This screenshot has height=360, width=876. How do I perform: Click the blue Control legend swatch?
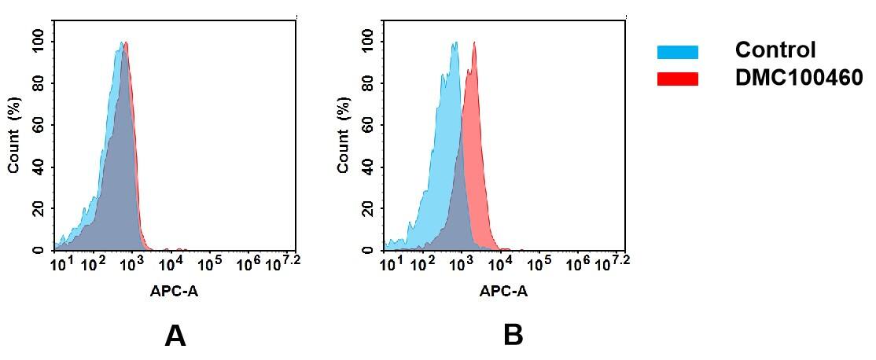(x=677, y=52)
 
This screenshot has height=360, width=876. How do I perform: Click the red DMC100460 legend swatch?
(x=677, y=79)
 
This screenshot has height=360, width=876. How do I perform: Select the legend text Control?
(x=775, y=50)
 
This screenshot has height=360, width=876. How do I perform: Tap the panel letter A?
(x=175, y=336)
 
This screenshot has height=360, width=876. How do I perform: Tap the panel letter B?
(x=513, y=336)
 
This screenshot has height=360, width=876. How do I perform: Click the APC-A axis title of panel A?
(x=175, y=292)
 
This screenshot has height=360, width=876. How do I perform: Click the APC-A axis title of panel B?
(x=504, y=292)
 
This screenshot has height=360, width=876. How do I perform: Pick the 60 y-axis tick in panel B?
(x=367, y=125)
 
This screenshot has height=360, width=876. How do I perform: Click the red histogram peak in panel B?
(x=474, y=44)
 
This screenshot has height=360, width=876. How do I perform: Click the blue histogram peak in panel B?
(x=455, y=44)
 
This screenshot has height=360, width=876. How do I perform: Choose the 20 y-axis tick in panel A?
(x=38, y=208)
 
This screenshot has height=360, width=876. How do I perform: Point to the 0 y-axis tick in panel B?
(x=367, y=250)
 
